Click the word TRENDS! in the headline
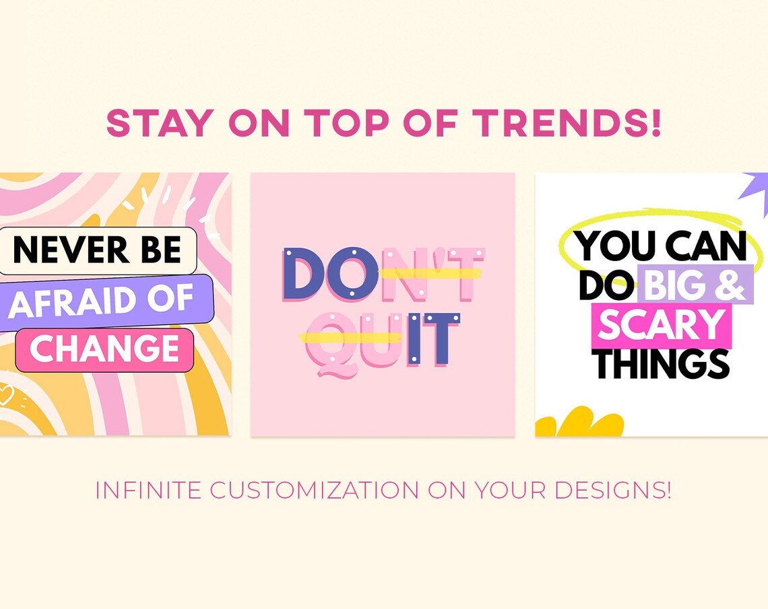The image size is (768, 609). (x=566, y=122)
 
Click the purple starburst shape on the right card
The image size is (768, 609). (x=756, y=192)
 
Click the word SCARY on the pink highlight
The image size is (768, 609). (x=660, y=324)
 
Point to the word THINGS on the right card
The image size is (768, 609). (x=662, y=363)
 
